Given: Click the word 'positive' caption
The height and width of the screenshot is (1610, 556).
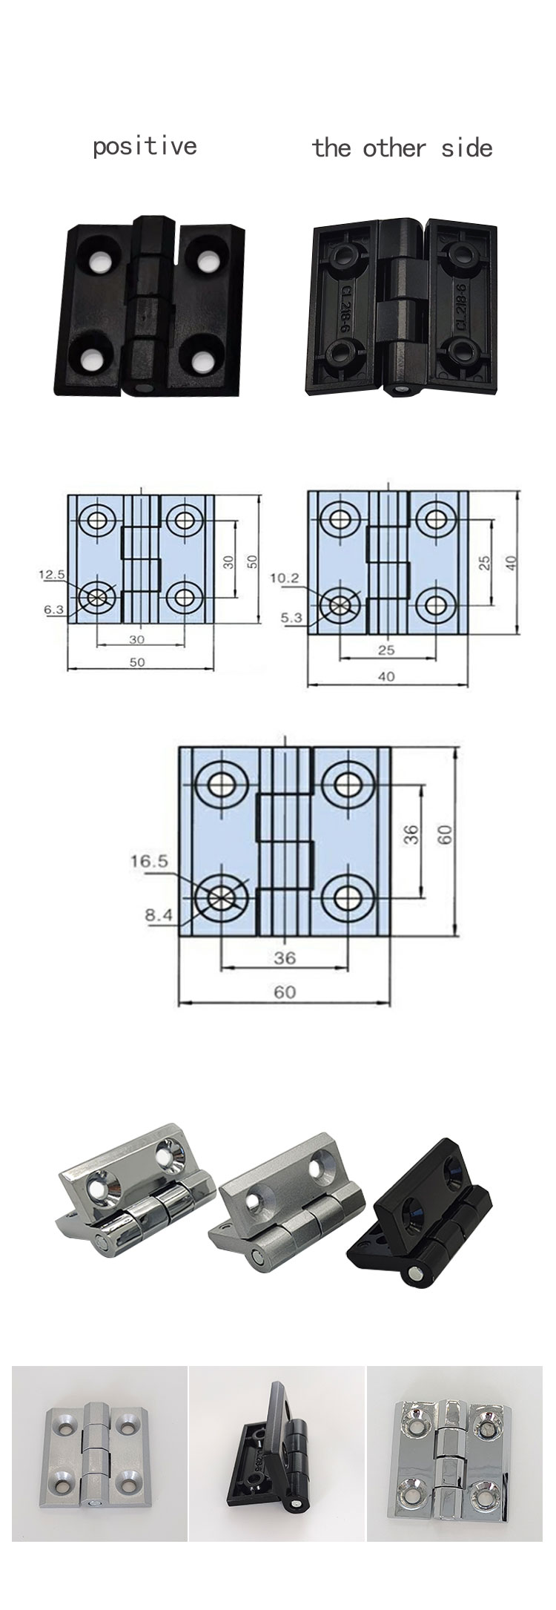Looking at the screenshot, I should click(145, 145).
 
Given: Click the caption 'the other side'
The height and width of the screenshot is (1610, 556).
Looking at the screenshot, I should click(402, 148).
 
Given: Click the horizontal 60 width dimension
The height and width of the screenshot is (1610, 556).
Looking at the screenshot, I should click(285, 991).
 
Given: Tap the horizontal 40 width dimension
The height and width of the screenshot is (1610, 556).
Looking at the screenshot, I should click(386, 676).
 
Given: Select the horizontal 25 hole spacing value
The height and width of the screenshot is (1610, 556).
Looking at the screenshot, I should click(386, 650).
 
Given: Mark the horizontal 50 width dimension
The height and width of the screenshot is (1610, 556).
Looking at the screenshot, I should click(137, 662).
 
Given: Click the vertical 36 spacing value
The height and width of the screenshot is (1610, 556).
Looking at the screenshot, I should click(413, 834).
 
